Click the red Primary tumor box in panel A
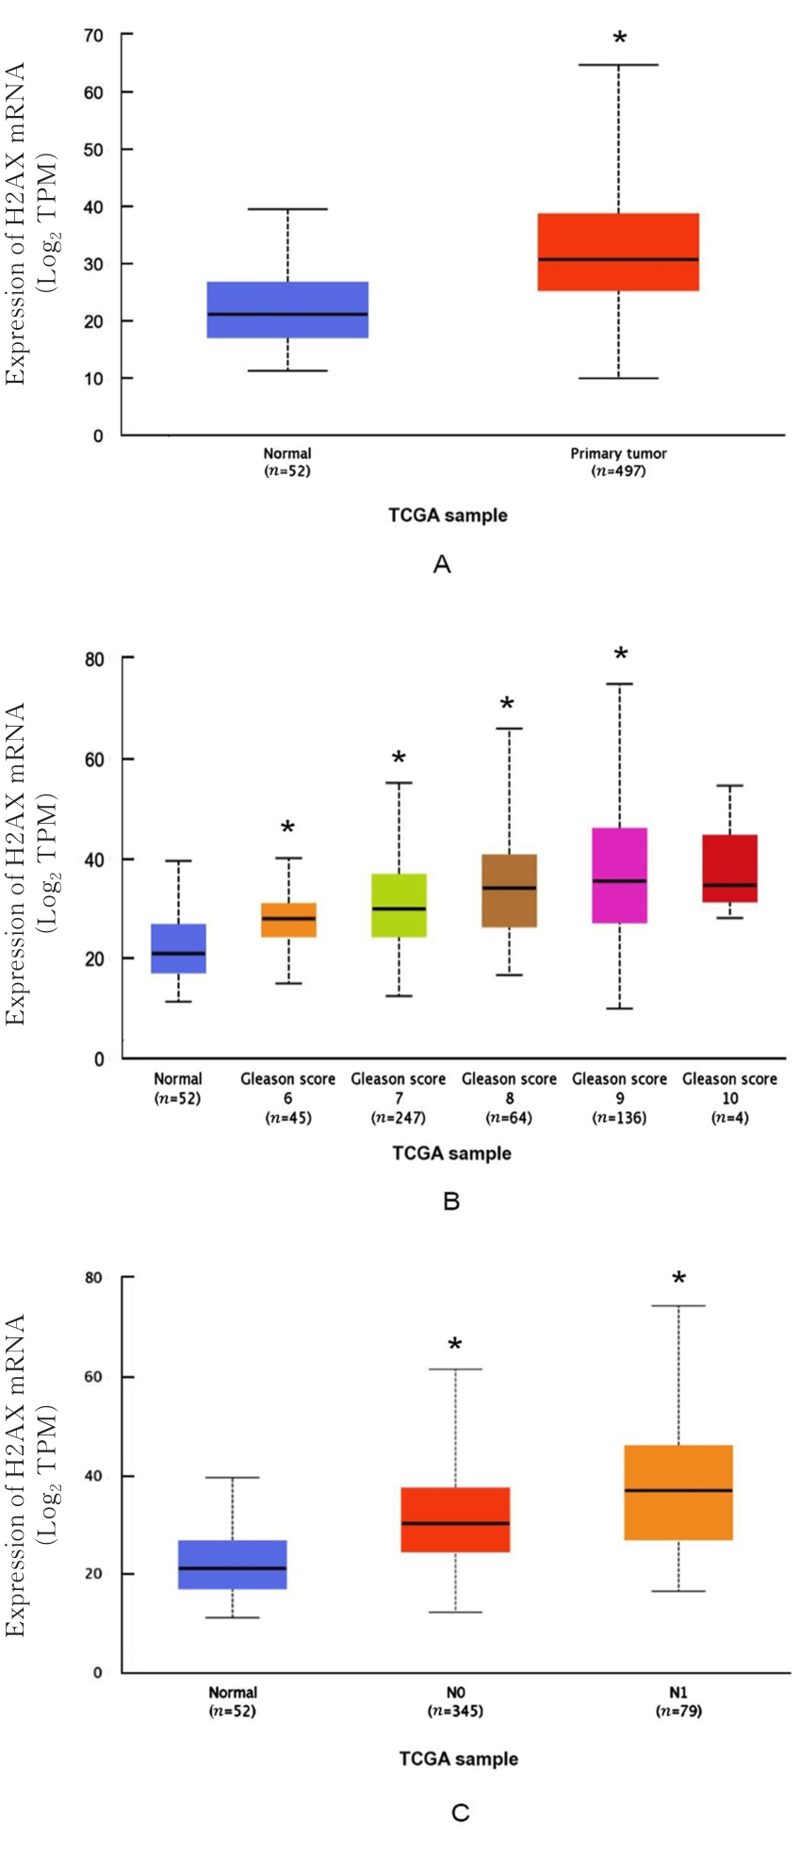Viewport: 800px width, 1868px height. coord(618,252)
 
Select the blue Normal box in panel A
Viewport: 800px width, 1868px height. coord(287,309)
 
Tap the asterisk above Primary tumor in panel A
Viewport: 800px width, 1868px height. coord(619,39)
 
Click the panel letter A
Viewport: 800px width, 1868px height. coord(442,565)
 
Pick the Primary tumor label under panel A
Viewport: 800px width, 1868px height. coord(618,453)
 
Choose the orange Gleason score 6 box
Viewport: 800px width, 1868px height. coord(288,920)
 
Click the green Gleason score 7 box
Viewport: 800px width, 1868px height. coord(399,905)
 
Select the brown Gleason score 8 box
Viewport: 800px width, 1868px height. coord(510,891)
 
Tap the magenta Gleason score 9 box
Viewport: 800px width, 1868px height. coord(620,876)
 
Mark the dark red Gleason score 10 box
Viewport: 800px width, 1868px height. coord(730,868)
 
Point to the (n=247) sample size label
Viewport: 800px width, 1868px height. coord(399,1118)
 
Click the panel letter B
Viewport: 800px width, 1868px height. coord(450,1202)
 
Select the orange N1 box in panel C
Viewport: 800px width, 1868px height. coord(678,1492)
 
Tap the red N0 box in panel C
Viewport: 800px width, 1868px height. coord(455,1519)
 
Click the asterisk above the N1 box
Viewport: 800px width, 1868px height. coord(678,1279)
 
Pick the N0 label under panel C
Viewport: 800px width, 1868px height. coord(455,1692)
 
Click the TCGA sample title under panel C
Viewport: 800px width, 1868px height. coord(458,1759)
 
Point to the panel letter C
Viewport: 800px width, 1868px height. coord(460,1812)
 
